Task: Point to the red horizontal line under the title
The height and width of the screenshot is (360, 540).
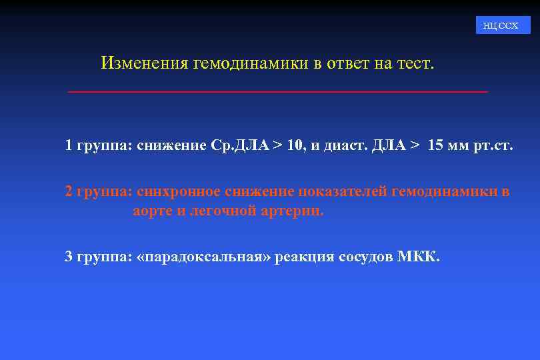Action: coord(278,91)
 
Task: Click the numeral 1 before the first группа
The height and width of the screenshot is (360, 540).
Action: coord(69,146)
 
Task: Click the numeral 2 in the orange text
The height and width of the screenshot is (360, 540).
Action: coord(69,191)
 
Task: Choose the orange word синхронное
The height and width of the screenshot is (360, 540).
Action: coord(179,191)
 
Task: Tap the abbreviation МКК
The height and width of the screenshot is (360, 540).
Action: coord(419,257)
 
